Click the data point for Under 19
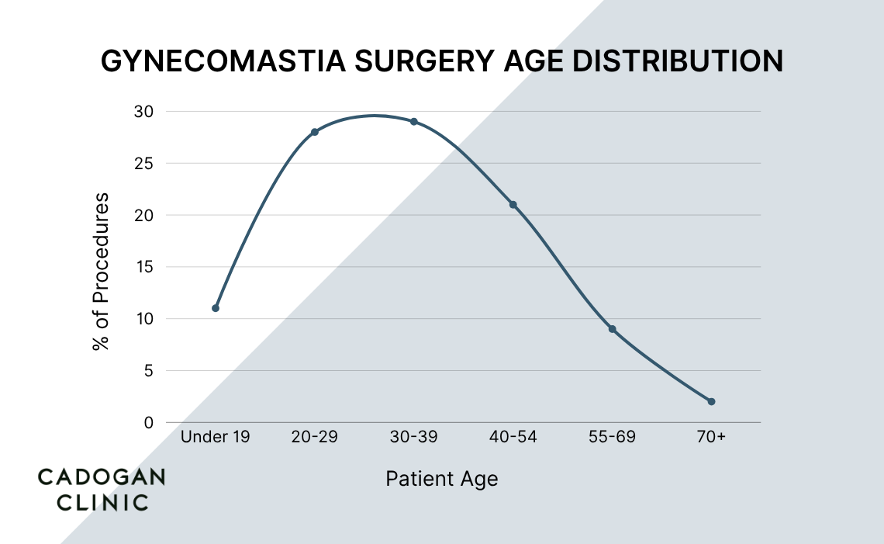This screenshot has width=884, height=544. (x=216, y=308)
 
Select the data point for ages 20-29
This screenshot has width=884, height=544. (x=315, y=132)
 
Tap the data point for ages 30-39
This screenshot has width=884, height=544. (x=414, y=122)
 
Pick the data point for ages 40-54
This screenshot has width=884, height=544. (x=513, y=205)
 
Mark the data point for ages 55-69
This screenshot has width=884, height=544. (x=612, y=329)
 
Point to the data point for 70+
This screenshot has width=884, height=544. (x=711, y=402)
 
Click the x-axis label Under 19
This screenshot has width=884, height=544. (x=216, y=438)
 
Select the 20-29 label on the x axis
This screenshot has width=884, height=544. (x=314, y=438)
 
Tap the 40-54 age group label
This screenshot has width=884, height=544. (x=513, y=438)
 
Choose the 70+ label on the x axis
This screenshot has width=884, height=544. (x=711, y=438)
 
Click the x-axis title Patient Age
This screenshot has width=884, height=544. (x=442, y=479)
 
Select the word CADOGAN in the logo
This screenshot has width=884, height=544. (x=102, y=477)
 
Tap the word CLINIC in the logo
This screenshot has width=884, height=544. (x=93, y=502)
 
